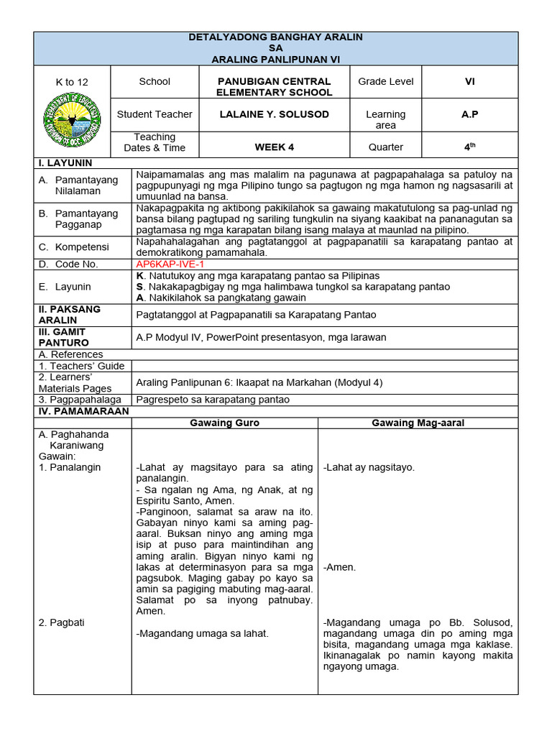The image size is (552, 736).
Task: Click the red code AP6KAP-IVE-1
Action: coord(170,264)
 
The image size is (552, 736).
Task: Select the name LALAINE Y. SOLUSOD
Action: coord(274,114)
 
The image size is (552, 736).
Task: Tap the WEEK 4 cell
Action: coord(274,147)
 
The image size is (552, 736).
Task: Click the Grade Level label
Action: coord(385,81)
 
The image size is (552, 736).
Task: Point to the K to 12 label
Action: coord(72,82)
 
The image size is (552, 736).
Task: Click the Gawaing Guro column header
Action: coord(224,423)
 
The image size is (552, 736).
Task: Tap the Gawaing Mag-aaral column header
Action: coord(418,423)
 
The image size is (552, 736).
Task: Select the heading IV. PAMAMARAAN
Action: coord(83,411)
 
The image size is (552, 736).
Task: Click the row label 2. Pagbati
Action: coord(61,622)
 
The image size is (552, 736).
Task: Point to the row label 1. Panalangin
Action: coord(70,467)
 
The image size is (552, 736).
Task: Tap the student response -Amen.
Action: coord(339,567)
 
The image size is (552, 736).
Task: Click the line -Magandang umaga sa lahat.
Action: coord(202,633)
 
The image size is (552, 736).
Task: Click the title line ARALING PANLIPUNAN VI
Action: coord(275,59)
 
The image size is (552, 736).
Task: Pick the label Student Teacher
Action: coord(155,114)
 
